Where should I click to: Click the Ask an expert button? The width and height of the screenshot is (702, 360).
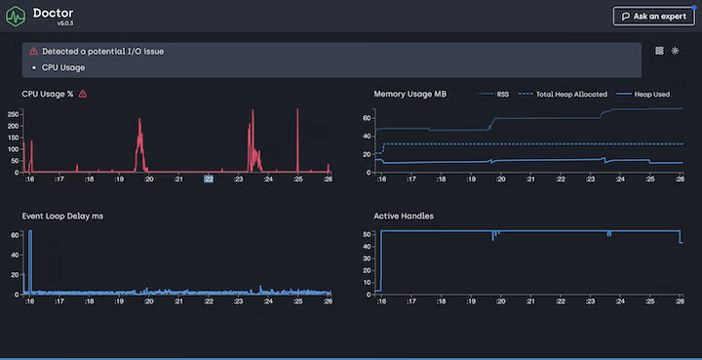653,17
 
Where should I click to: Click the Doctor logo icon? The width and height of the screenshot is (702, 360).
16,18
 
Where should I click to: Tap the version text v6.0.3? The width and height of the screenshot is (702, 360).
66,23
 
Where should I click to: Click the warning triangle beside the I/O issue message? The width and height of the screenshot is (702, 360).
34,51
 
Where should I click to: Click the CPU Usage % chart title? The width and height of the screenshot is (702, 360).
48,94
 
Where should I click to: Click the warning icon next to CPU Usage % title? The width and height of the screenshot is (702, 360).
83,94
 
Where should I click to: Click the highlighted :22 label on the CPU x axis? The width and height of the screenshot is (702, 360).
208,180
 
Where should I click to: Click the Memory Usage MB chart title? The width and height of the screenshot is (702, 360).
410,94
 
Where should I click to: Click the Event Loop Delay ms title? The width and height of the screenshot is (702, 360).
62,215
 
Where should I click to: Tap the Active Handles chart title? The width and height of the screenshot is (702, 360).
404,215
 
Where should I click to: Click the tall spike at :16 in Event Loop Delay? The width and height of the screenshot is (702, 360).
30,259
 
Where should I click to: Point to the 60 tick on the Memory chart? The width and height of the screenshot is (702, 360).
368,117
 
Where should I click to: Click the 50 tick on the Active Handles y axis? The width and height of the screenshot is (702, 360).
368,234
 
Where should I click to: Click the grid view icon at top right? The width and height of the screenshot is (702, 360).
659,51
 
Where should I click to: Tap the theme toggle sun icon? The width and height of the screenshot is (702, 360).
675,51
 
